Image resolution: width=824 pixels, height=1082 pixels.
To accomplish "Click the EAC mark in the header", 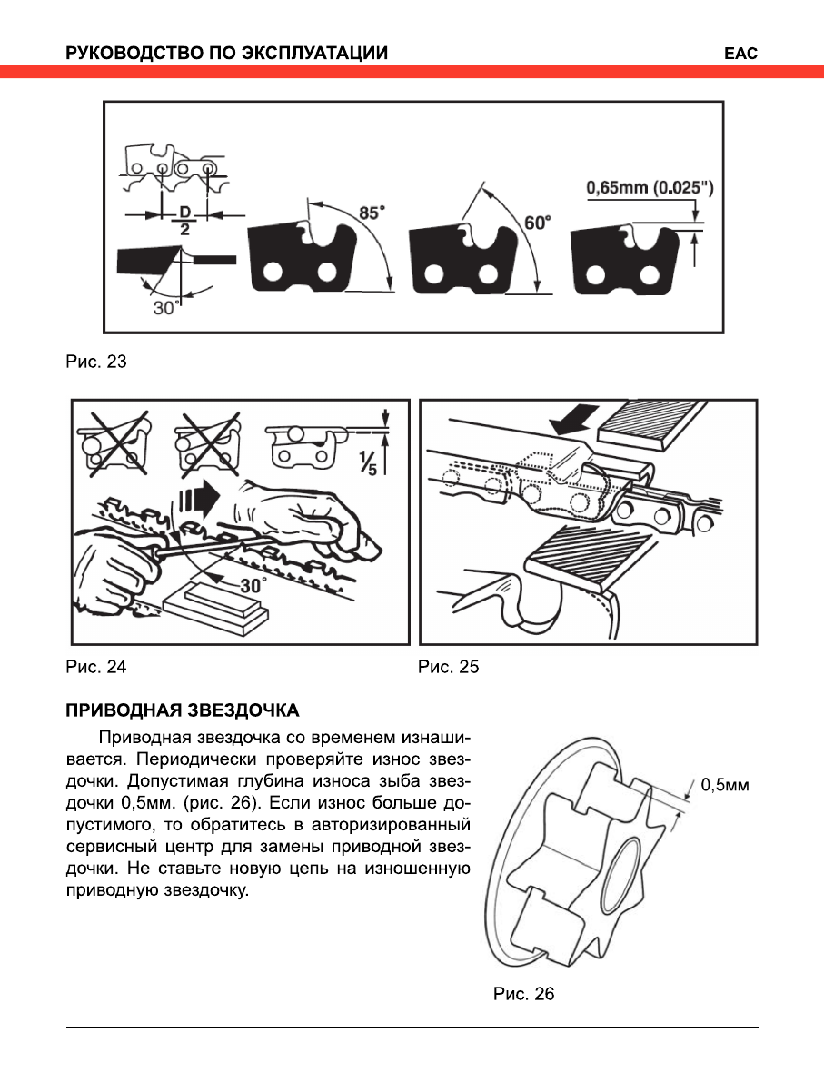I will tap(740, 54).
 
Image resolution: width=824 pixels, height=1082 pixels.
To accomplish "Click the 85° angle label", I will tap(371, 213).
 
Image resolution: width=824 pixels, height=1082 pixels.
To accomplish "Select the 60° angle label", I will tap(537, 222).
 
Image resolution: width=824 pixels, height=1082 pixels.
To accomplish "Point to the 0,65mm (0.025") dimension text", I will tap(650, 188).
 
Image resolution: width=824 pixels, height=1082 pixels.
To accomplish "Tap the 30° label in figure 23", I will tap(164, 307).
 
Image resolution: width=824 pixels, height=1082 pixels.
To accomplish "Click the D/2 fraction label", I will tap(184, 223).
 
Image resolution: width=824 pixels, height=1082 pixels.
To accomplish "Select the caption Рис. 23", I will tap(95, 362).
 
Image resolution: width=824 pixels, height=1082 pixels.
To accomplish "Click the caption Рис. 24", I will tap(95, 667).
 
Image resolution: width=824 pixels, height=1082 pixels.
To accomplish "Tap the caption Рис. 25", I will tap(448, 667).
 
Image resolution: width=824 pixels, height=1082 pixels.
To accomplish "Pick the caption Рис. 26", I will tap(523, 994).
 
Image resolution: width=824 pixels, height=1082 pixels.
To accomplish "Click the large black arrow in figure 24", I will tap(202, 499).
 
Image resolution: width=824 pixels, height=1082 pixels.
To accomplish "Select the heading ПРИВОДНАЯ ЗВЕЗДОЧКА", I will tap(182, 709).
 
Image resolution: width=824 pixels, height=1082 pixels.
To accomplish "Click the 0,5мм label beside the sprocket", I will tap(723, 786).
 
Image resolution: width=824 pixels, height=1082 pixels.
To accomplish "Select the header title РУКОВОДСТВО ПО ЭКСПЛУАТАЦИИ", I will tap(226, 54).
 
